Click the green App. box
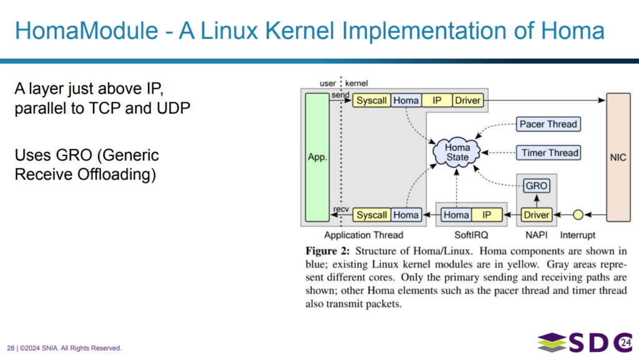point(317,157)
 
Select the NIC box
point(617,157)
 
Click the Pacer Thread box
point(549,124)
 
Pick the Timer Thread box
point(547,152)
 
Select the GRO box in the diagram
point(537,186)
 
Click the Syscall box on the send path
point(372,100)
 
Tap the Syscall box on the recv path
point(372,215)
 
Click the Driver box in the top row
point(467,100)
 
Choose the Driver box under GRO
point(537,215)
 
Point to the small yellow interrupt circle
point(578,215)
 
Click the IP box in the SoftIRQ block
point(487,215)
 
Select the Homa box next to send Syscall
point(406,100)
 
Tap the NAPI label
point(536,235)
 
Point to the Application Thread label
point(364,235)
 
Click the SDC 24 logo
point(583,342)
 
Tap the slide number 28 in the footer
point(11,348)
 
